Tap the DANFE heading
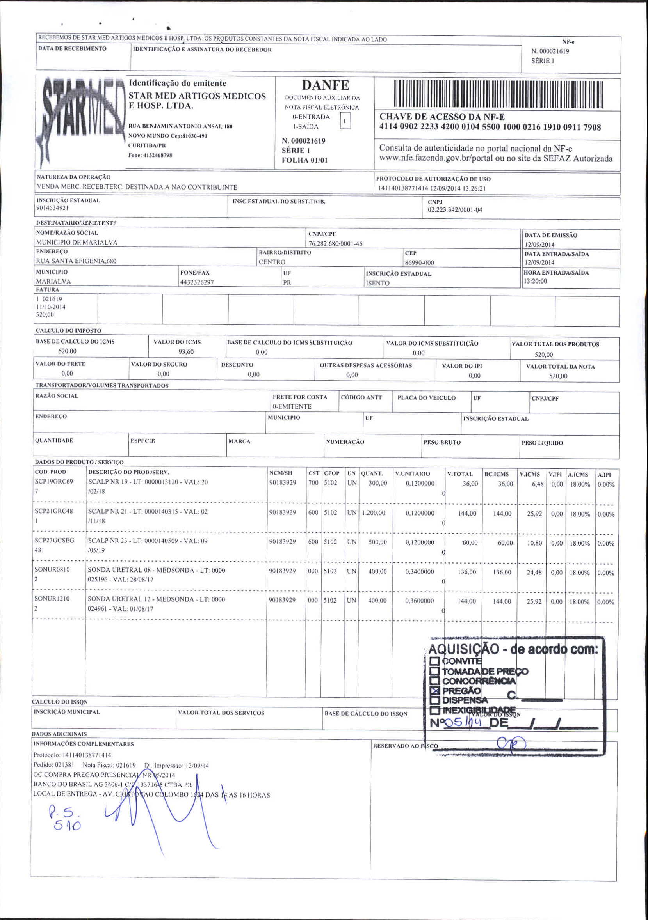click(x=325, y=85)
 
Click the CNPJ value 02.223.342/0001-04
click(x=455, y=210)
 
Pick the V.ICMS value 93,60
click(x=186, y=352)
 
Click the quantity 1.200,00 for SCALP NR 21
click(x=374, y=513)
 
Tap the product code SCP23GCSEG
click(x=54, y=541)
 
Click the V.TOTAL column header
click(x=460, y=474)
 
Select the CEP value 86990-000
click(x=419, y=263)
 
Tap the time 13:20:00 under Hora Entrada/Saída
click(x=535, y=281)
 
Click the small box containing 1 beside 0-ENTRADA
click(x=345, y=121)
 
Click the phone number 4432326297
click(x=197, y=282)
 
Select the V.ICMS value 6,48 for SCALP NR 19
click(x=537, y=484)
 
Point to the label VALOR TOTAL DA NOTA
click(x=560, y=367)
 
